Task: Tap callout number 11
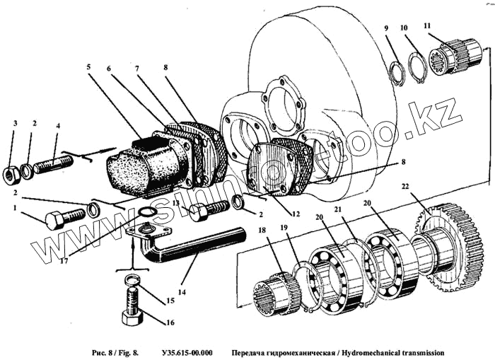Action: click(x=426, y=27)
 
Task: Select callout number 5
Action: click(x=89, y=68)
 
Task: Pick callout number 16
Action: click(x=169, y=323)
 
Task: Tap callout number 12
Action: click(x=296, y=213)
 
